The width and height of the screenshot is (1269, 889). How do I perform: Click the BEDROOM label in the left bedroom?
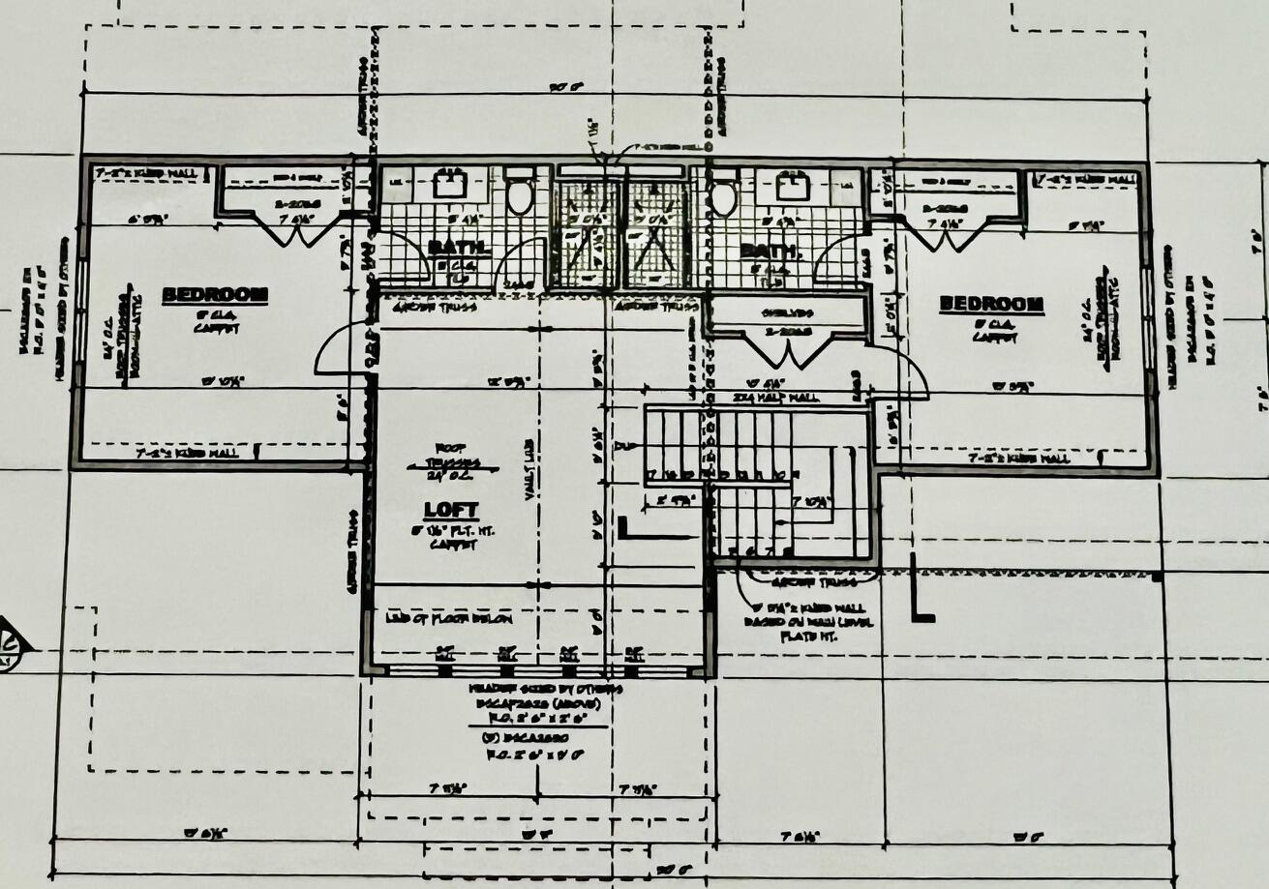(x=214, y=295)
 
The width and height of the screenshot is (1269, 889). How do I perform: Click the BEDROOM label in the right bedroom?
(x=991, y=305)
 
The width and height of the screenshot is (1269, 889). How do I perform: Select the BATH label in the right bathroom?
(x=770, y=252)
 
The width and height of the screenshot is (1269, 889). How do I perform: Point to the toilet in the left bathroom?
(x=520, y=194)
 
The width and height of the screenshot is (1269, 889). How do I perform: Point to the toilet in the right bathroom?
(x=723, y=196)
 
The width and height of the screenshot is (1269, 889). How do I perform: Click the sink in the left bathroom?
(x=449, y=184)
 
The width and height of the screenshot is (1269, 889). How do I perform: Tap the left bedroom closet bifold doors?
(x=281, y=230)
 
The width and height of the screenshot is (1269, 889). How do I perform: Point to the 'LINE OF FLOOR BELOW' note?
(x=449, y=618)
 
